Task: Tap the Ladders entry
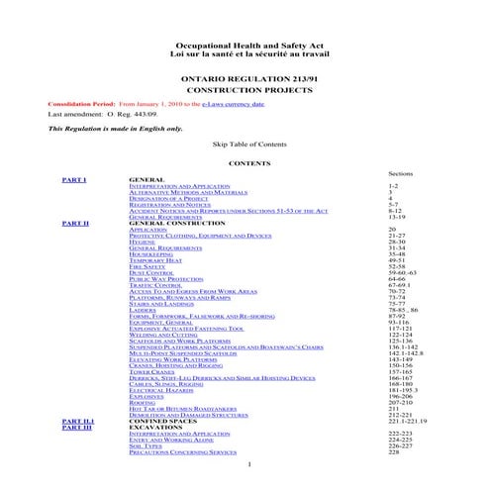pyautogui.click(x=143, y=310)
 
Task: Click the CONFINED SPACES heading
pyautogui.click(x=164, y=420)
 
